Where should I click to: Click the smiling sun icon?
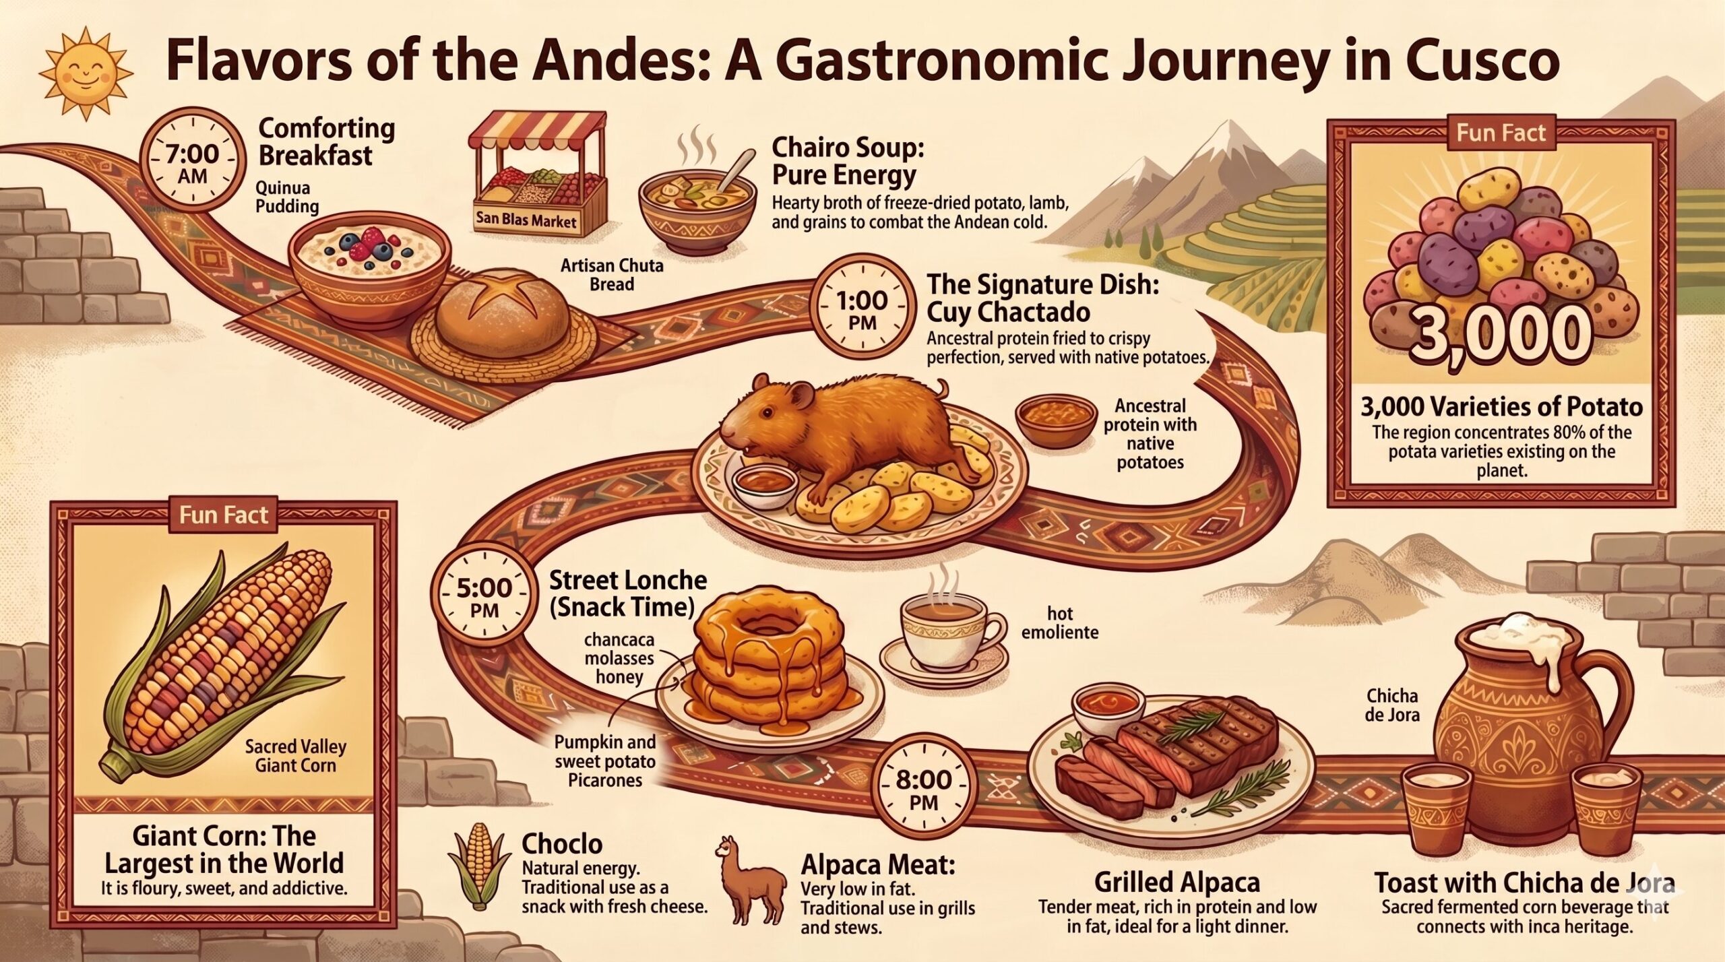pos(84,71)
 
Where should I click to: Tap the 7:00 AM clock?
pos(193,164)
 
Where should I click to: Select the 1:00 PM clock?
pos(862,310)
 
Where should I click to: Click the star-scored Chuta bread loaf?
pos(502,307)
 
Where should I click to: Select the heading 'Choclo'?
pos(562,844)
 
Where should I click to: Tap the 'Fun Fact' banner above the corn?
pos(224,515)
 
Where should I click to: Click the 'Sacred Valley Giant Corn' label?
pos(295,756)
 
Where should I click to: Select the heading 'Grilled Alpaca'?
pos(1177,883)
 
